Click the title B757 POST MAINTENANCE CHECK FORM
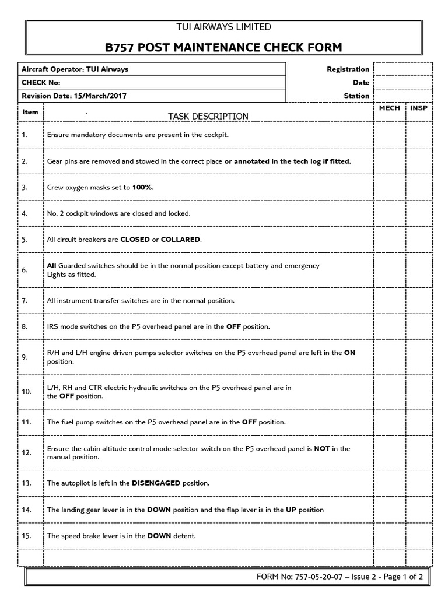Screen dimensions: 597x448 224,47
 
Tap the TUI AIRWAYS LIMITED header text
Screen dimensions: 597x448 224,27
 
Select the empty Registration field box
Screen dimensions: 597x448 402,69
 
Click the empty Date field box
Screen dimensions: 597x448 402,83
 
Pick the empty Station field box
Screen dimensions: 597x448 402,96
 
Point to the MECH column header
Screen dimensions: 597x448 390,108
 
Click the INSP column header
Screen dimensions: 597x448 419,108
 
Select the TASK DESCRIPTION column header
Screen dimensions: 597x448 208,116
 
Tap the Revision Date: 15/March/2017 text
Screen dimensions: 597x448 74,96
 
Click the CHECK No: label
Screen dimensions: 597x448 41,83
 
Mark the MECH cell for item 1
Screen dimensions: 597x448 390,135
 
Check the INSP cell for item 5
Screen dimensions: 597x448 419,240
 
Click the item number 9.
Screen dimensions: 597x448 25,357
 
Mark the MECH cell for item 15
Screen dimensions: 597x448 390,536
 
